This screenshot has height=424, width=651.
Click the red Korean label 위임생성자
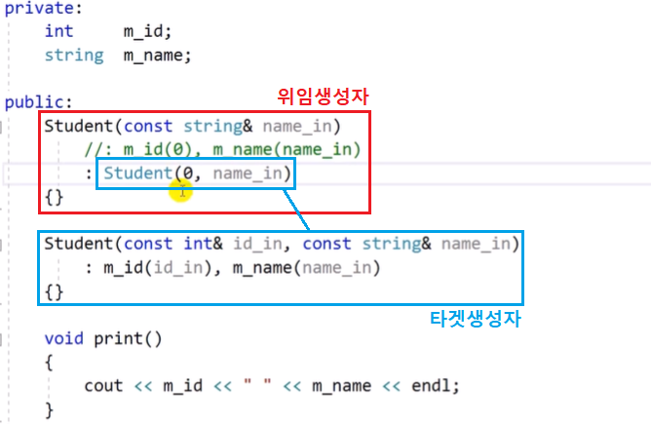point(325,98)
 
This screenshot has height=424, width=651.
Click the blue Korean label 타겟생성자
point(477,319)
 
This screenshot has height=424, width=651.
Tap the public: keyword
point(34,101)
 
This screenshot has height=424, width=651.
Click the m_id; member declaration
point(148,31)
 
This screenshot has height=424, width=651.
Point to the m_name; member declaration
point(157,55)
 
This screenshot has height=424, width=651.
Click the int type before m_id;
point(58,31)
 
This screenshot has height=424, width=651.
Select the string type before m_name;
point(74,55)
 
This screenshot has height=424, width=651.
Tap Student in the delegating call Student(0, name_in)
point(136,173)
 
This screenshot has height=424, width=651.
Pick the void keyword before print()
point(64,339)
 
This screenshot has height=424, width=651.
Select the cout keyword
point(104,386)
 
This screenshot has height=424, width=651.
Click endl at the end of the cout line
point(435,386)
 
